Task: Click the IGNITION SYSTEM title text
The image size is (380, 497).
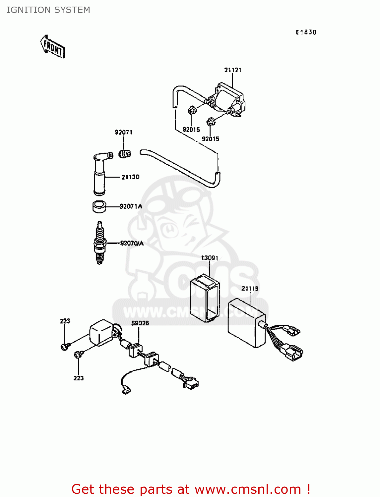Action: tap(48, 10)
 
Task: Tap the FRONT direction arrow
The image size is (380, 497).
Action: tap(53, 47)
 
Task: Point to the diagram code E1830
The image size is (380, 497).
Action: tap(306, 32)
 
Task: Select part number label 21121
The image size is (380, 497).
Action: tap(233, 70)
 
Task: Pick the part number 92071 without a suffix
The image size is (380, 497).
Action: tap(124, 132)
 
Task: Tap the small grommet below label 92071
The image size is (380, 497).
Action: tap(125, 154)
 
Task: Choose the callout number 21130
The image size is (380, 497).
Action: tap(130, 177)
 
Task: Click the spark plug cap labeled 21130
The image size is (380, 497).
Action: tap(100, 174)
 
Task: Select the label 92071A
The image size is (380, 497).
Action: tap(131, 206)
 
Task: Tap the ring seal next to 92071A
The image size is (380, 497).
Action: tap(98, 207)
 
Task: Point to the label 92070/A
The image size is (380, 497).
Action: tap(132, 243)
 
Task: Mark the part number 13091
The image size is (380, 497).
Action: tap(210, 258)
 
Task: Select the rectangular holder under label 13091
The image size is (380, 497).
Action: tap(204, 298)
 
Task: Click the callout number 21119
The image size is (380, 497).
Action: tap(250, 288)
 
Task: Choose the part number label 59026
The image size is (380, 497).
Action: tap(140, 323)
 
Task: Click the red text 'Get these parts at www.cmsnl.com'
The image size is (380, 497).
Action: tap(191, 489)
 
